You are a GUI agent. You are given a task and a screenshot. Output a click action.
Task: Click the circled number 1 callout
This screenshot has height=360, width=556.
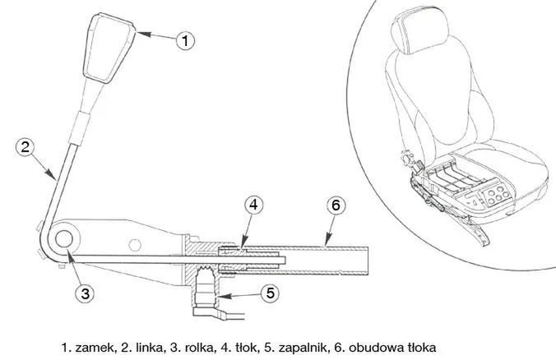185,40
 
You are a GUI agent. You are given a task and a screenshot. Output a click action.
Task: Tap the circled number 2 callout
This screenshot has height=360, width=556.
25,147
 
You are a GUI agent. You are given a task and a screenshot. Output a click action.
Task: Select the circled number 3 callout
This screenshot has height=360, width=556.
85,293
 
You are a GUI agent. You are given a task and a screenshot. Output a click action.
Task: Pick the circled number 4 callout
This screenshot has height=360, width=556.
253,205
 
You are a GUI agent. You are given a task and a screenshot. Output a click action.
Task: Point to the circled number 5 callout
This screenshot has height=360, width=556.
271,293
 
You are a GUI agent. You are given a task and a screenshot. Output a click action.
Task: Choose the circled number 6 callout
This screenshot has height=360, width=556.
336,205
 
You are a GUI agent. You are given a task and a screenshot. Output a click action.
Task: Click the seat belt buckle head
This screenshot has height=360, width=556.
109,48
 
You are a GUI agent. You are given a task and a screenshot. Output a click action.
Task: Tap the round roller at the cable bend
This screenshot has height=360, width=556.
64,239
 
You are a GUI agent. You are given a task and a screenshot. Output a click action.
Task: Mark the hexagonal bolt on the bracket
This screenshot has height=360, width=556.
135,244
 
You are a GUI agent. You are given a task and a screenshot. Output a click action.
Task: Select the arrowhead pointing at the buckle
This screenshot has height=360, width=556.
144,34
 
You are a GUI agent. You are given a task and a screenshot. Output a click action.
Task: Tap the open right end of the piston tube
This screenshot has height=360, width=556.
368,261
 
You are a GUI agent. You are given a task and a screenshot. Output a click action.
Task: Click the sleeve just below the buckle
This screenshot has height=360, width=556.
80,127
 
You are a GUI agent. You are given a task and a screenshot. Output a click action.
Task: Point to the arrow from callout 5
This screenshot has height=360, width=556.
240,295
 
